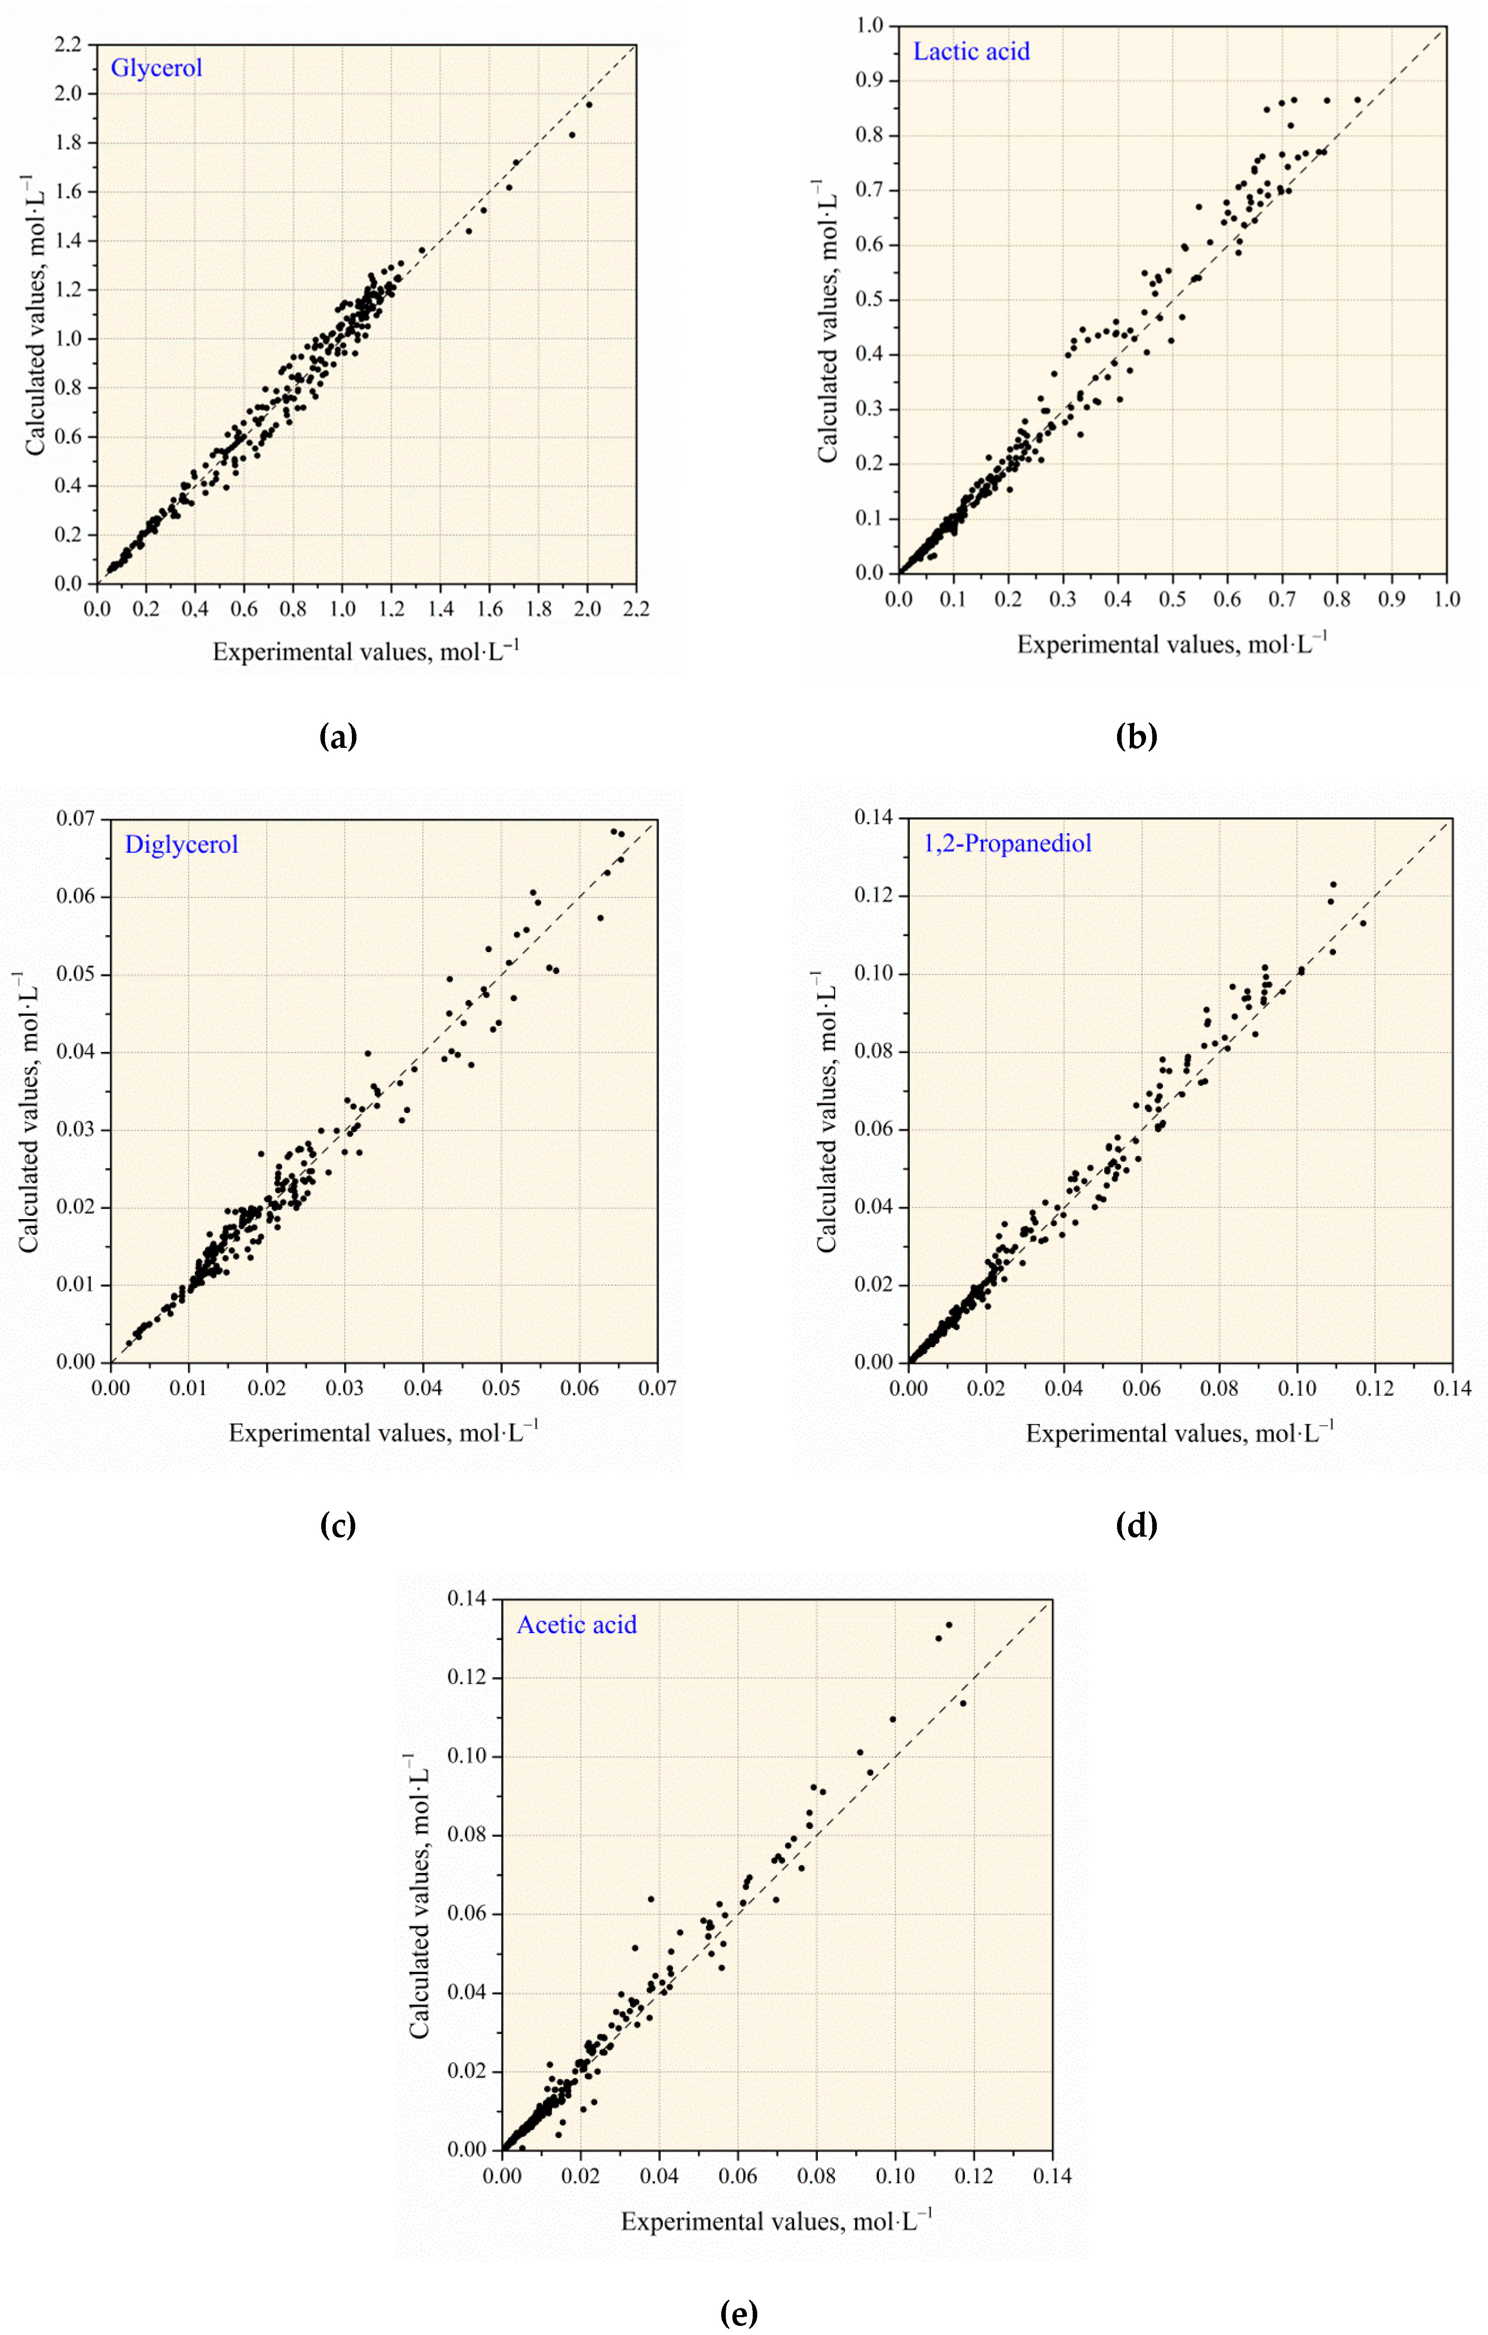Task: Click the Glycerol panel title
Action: coord(156,68)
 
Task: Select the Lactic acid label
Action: coord(971,51)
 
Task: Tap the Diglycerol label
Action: coord(181,845)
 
